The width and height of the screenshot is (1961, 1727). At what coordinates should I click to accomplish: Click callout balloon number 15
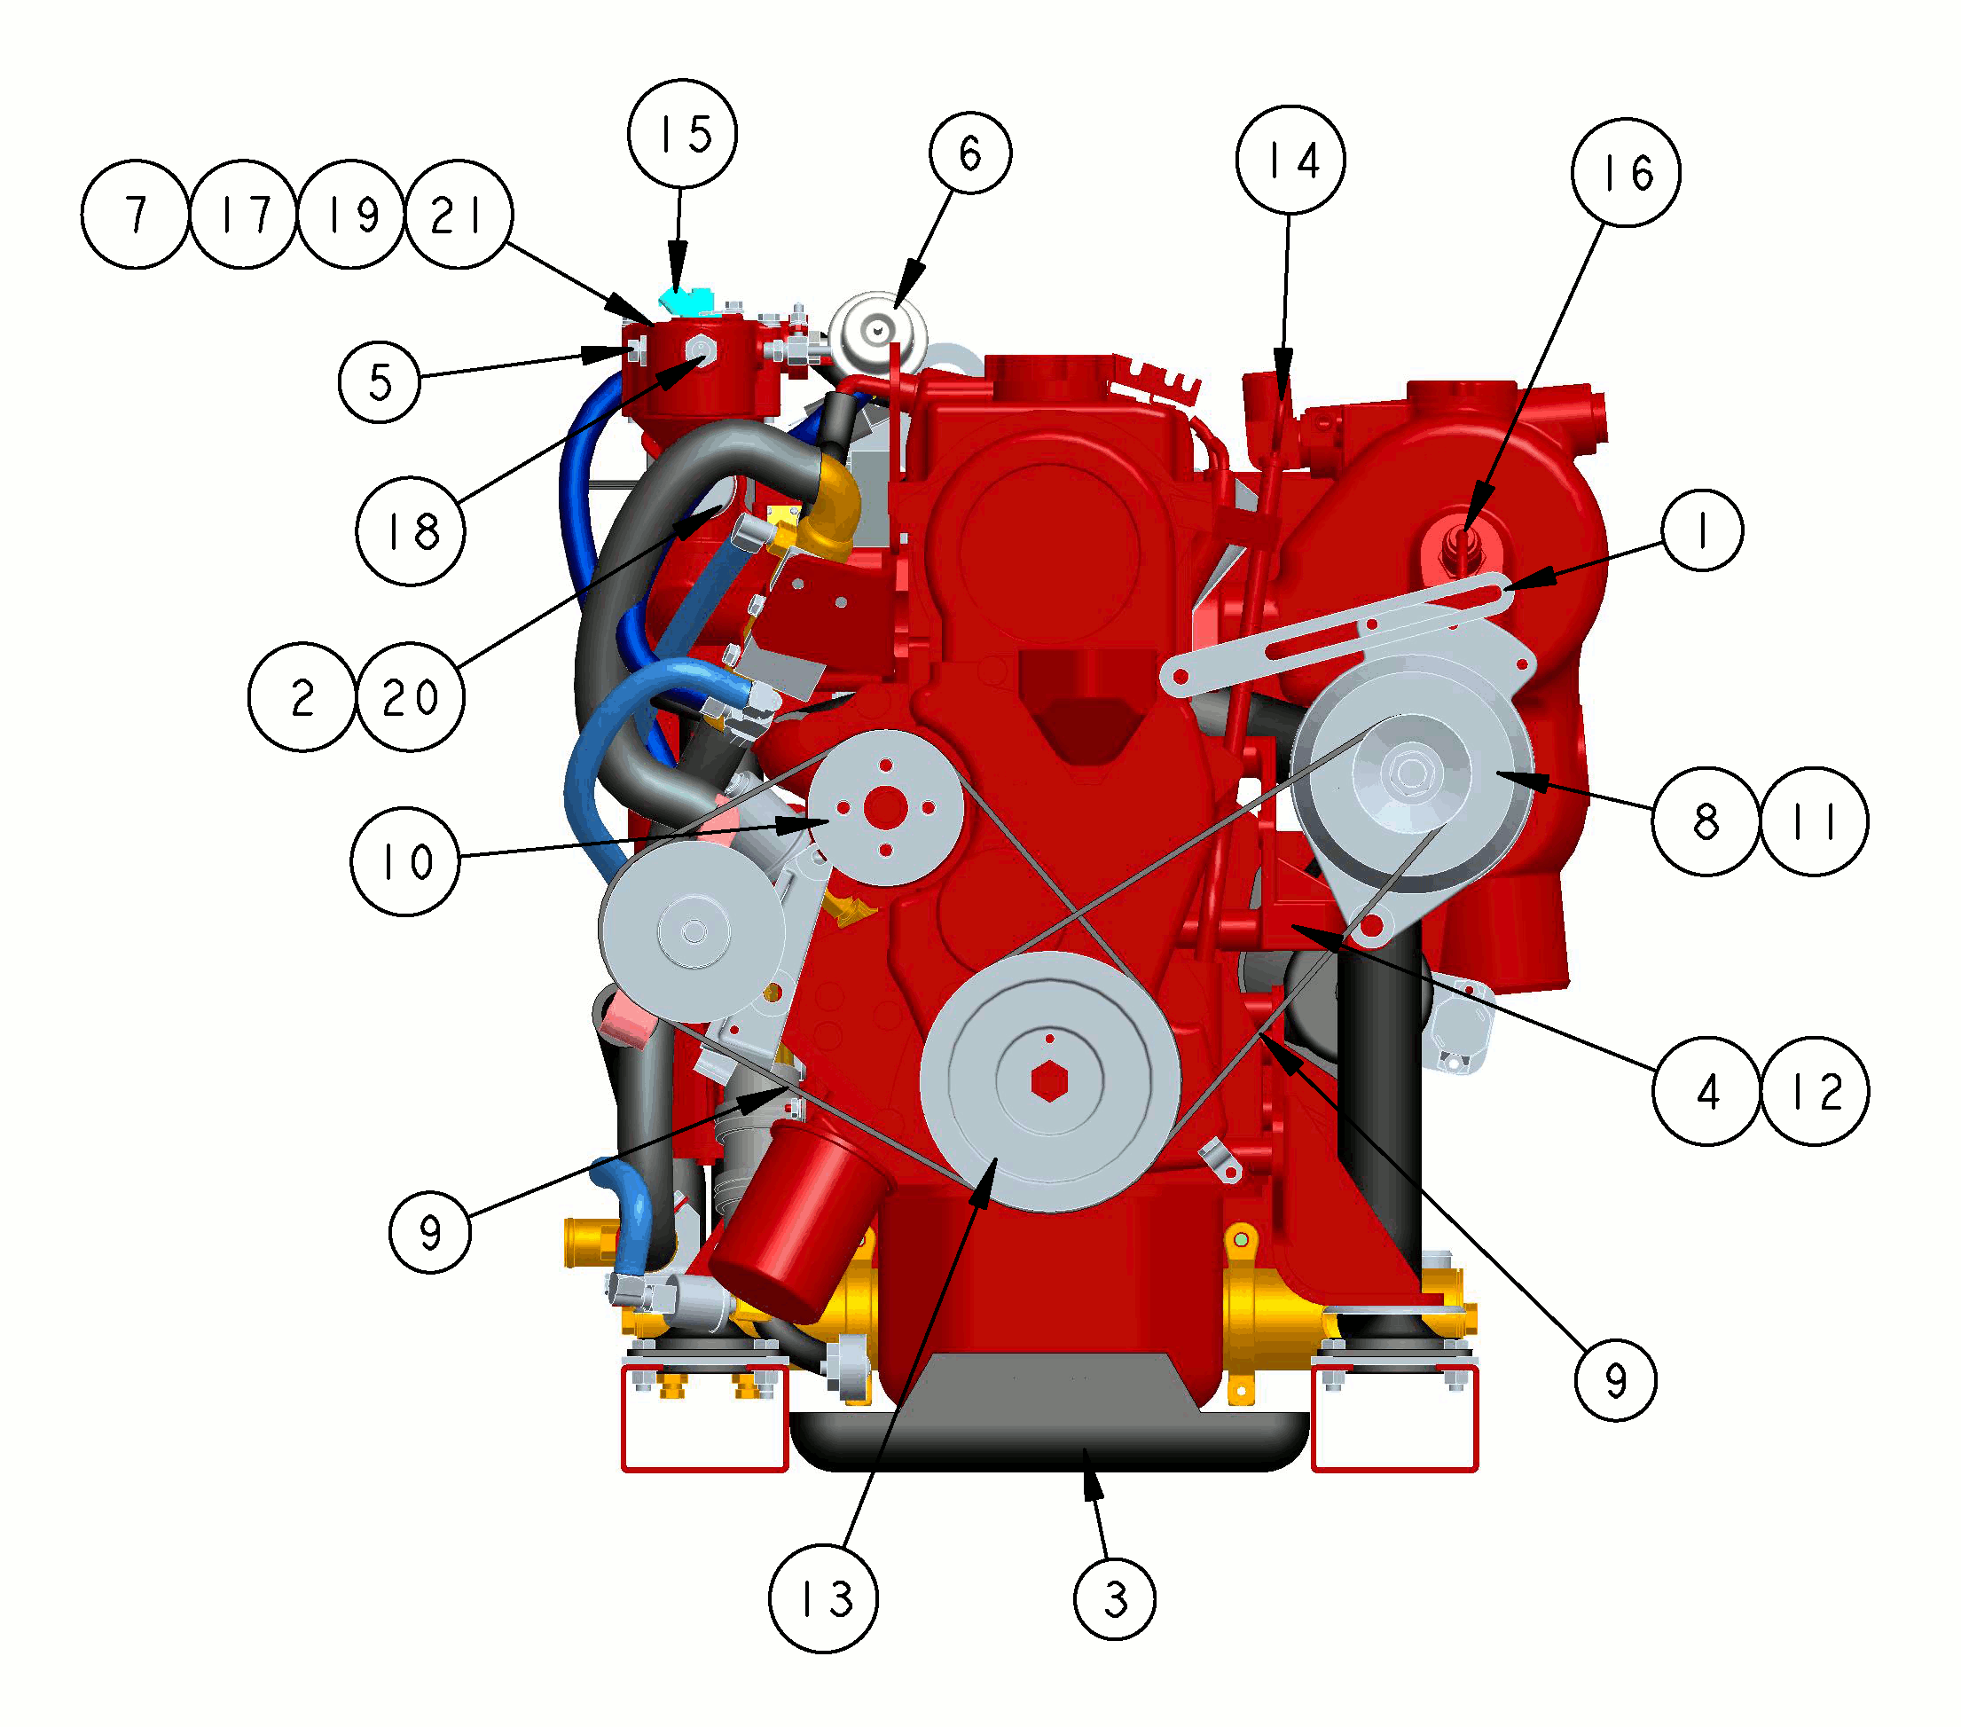point(682,133)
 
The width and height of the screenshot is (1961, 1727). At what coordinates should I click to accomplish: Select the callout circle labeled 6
point(970,153)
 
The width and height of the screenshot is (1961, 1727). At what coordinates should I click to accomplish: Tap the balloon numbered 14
point(1290,160)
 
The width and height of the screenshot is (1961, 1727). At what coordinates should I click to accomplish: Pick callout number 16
point(1625,173)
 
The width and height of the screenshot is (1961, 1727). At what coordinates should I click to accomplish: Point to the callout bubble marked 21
point(459,214)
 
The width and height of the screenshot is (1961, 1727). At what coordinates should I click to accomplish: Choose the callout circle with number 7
point(136,214)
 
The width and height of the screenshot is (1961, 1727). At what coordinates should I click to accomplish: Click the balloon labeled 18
point(411,530)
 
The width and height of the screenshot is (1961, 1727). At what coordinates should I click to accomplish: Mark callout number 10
point(406,860)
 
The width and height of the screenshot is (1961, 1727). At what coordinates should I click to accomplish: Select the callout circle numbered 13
point(823,1598)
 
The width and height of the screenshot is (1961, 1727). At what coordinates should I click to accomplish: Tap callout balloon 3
point(1115,1598)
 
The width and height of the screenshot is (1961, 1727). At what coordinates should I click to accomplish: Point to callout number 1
point(1702,530)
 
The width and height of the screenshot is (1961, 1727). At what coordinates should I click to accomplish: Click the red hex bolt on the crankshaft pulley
point(1049,1081)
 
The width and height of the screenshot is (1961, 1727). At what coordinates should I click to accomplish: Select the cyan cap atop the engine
point(686,301)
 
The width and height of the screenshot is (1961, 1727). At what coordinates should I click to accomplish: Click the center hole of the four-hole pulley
point(884,808)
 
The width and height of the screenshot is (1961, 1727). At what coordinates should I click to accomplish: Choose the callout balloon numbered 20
point(411,696)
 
